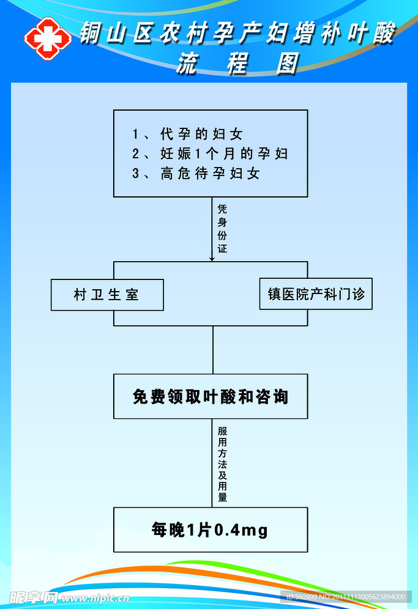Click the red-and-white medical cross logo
47,38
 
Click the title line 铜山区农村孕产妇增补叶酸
237,34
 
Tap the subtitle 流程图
237,64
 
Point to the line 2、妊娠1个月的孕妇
210,153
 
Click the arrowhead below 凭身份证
212,259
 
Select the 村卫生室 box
107,295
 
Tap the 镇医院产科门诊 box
316,294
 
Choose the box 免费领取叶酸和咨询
211,397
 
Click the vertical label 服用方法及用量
222,464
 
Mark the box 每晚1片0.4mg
211,530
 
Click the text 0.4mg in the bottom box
241,530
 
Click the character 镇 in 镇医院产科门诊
274,294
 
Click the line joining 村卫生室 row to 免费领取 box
213,349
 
